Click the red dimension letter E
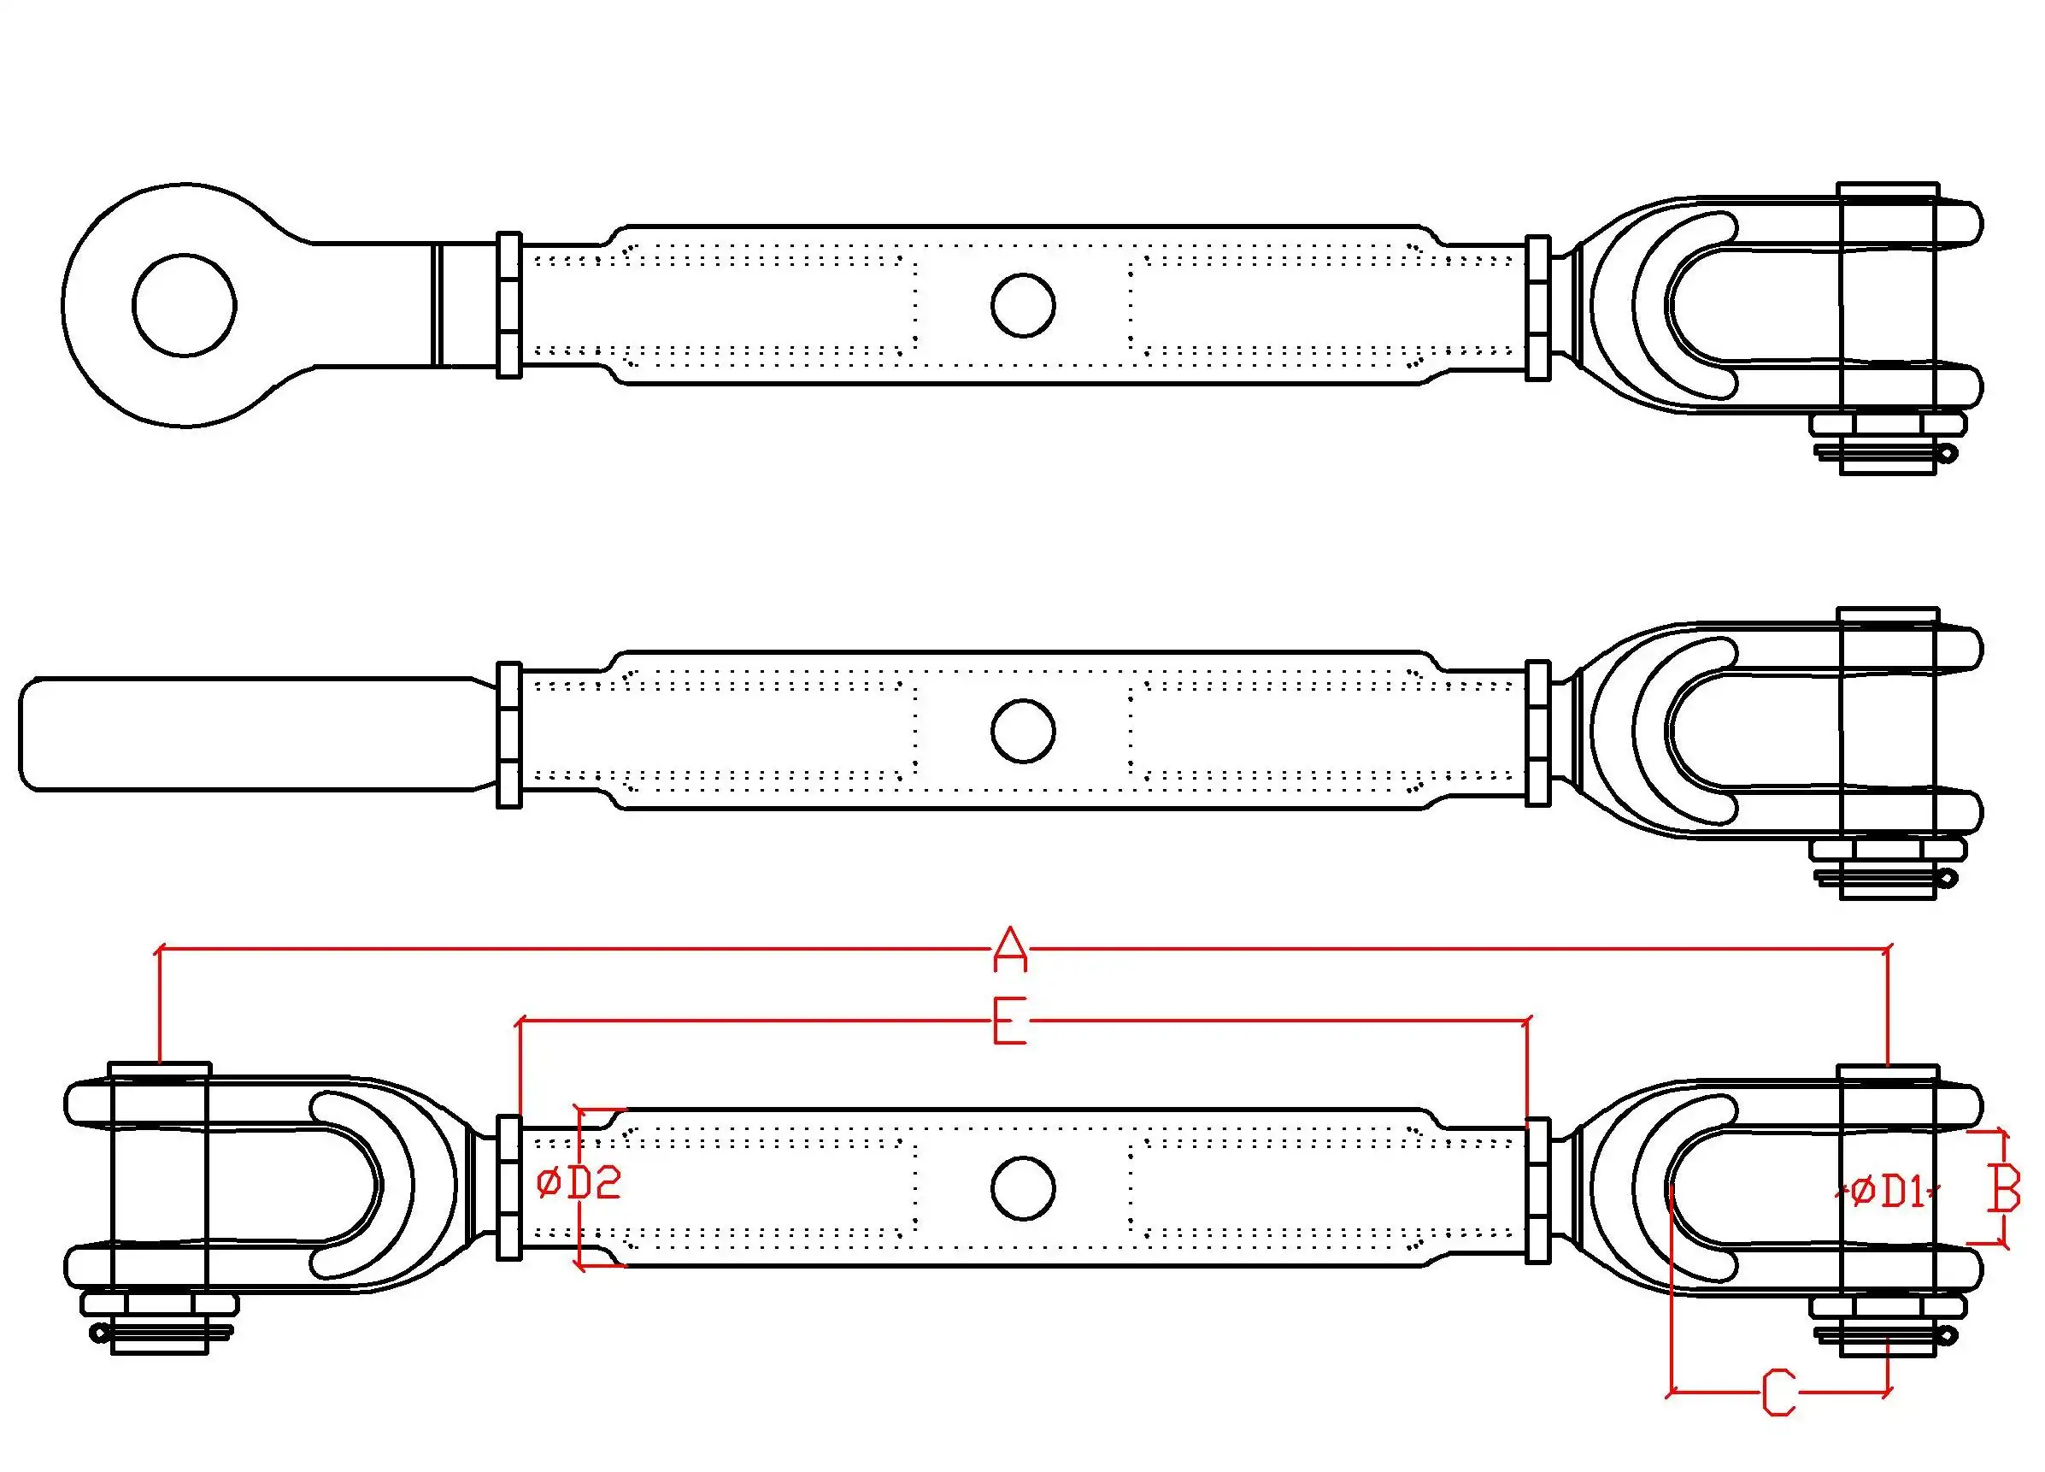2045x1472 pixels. point(1010,1020)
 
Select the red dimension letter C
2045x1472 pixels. point(1779,1392)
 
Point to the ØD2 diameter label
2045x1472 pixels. point(578,1183)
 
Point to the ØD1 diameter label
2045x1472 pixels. point(1886,1192)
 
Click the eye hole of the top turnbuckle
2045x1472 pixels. point(184,305)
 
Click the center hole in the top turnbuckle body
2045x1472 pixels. point(1022,306)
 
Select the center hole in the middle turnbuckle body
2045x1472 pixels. point(1022,730)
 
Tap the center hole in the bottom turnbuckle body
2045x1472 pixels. point(1022,1188)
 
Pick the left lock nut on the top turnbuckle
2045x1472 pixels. point(509,306)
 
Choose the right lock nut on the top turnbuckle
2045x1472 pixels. point(1537,308)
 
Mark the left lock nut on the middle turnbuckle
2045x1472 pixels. point(509,734)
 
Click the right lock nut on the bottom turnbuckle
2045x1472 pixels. point(1537,1191)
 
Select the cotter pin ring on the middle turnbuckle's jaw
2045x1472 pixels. point(1948,878)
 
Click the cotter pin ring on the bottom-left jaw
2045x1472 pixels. point(98,1331)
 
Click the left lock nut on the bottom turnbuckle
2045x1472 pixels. point(509,1188)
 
